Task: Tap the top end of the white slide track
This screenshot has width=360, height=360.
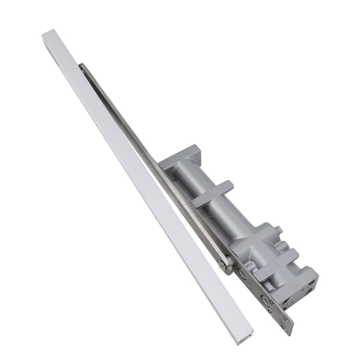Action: [x=48, y=33]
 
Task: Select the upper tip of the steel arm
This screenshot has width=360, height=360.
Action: [x=82, y=66]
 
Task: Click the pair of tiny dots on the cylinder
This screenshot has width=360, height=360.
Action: [x=211, y=215]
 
